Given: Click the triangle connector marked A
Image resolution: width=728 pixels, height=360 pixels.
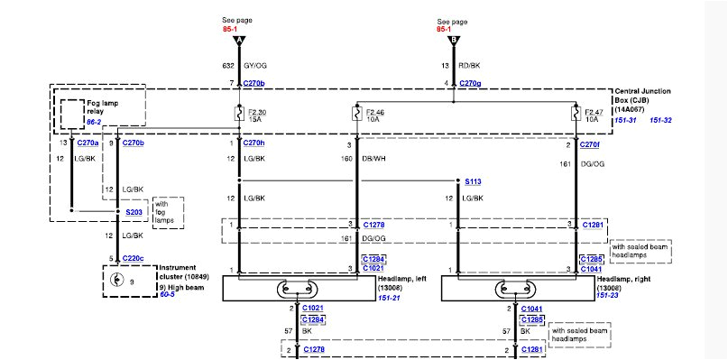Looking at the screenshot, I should (239, 41).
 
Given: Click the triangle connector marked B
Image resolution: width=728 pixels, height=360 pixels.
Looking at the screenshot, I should (454, 41).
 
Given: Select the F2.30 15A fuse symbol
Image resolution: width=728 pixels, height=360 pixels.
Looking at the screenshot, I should (239, 114).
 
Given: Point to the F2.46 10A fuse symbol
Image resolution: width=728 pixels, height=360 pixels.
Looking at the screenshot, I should (357, 114).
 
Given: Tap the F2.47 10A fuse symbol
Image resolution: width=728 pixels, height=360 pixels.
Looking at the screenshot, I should (574, 114).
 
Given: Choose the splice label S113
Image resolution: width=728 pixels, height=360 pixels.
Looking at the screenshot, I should (473, 181).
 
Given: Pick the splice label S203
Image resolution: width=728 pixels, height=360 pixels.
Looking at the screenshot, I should (135, 213).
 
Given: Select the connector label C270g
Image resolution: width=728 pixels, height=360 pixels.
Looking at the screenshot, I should (471, 83).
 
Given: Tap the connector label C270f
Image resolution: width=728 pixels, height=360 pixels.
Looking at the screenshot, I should (591, 143).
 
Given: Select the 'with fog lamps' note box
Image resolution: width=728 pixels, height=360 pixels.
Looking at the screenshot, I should (169, 213).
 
